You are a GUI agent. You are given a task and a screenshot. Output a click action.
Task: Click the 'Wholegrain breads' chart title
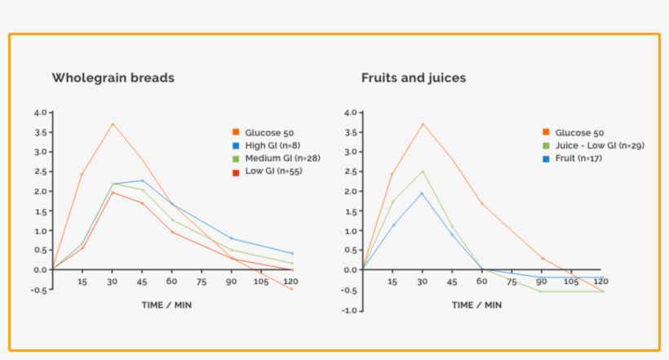tap(113, 78)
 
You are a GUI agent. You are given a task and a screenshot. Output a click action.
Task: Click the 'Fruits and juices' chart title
tap(414, 78)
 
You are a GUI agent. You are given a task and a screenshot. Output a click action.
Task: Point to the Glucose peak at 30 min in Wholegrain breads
tap(113, 124)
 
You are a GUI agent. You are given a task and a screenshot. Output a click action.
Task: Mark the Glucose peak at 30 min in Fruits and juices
tap(423, 124)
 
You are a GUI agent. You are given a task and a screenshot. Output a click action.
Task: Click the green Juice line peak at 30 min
tap(423, 171)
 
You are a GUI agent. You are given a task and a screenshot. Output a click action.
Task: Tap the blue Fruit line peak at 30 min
tap(423, 193)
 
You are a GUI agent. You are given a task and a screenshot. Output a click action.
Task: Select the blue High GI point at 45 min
tap(142, 180)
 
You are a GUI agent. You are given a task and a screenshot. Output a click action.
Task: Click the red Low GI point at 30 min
tap(113, 193)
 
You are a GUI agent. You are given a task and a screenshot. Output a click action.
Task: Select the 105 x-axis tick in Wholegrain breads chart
tap(261, 282)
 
